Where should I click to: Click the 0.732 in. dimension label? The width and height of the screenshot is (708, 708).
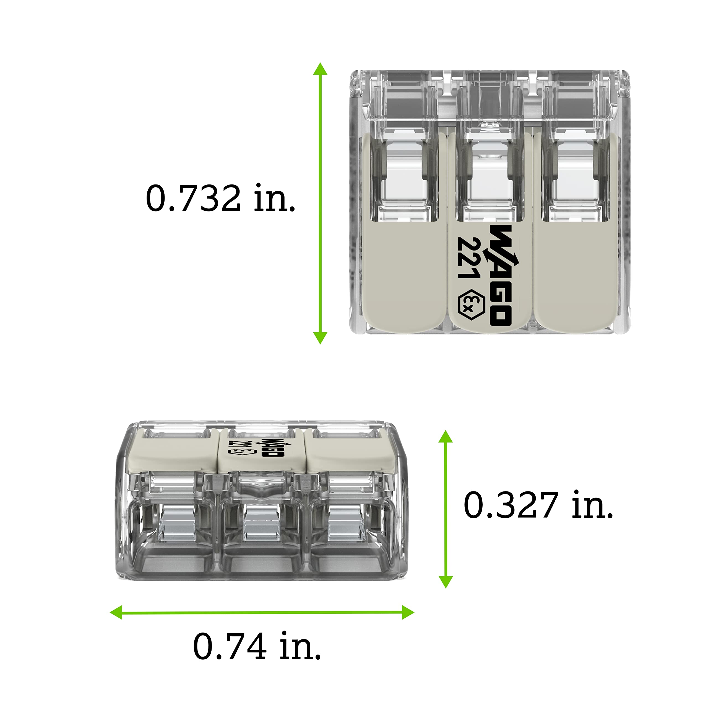point(220,198)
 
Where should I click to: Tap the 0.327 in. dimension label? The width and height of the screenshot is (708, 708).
point(538,505)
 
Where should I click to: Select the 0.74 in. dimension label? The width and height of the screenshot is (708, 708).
point(257,646)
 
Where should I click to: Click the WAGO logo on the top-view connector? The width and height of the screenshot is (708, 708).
point(500,275)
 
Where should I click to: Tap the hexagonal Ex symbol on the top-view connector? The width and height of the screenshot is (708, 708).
point(471,305)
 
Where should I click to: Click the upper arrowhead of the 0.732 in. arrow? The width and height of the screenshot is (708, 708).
point(320,69)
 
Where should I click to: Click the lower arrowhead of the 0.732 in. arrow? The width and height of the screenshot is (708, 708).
point(320,337)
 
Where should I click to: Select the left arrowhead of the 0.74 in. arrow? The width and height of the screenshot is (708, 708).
point(116,612)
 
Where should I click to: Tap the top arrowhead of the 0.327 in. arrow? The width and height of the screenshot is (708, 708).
point(445,437)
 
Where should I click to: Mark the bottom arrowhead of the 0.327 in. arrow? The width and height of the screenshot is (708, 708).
point(445,582)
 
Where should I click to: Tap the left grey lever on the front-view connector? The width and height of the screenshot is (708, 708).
point(171,452)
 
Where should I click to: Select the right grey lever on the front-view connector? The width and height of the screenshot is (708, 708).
point(350,452)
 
